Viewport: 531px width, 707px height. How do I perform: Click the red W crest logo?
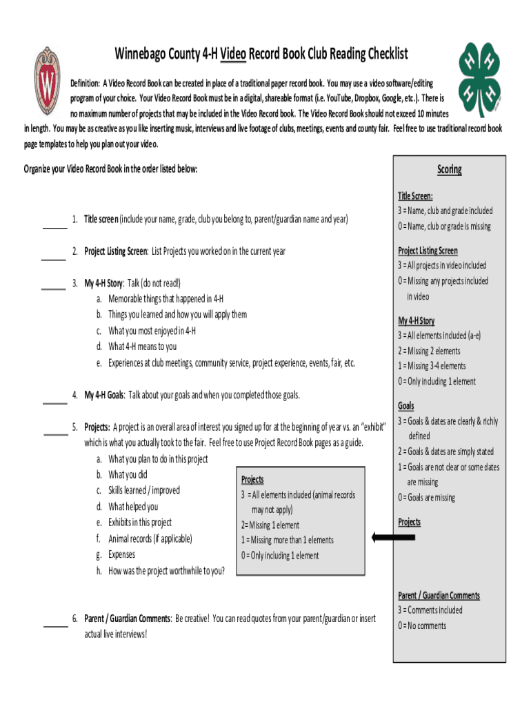47,86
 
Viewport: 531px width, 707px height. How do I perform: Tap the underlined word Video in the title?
228,54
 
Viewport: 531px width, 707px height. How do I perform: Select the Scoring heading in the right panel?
449,170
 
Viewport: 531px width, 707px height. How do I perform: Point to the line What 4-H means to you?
142,347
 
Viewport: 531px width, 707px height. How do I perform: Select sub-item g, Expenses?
121,554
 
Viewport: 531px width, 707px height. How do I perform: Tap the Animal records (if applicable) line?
150,539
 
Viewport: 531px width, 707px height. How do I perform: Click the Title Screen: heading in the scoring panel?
415,196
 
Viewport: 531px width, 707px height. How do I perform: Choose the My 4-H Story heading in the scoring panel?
416,321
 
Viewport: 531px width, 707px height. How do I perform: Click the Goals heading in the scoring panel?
405,406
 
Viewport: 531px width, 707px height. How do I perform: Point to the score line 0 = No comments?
421,626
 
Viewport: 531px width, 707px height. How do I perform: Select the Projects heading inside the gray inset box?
252,479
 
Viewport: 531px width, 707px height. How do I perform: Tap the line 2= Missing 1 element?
270,525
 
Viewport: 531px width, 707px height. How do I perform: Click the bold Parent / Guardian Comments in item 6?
128,618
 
